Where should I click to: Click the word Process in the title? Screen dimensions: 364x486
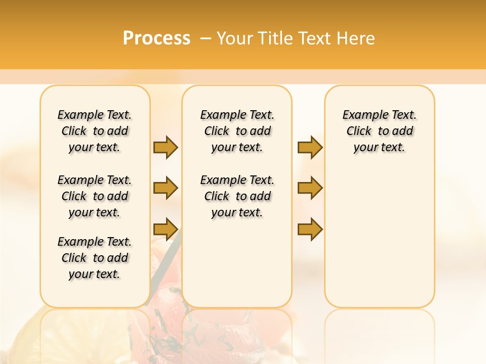[x=156, y=38]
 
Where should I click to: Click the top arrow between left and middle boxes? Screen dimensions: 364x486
[x=166, y=147]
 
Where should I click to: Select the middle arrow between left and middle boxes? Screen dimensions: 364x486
[x=166, y=188]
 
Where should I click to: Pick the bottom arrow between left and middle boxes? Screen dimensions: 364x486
[x=166, y=229]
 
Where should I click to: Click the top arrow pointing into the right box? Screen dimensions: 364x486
[x=310, y=147]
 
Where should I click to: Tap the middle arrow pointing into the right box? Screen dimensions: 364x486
[x=310, y=188]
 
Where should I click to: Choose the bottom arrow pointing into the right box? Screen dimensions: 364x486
[x=310, y=229]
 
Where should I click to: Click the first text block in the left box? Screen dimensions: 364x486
[x=95, y=131]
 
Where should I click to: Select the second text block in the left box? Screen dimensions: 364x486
[x=95, y=196]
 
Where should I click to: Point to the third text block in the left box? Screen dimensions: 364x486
[x=95, y=258]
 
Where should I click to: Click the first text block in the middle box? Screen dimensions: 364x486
[x=237, y=131]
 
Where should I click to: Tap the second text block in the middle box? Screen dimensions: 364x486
[x=237, y=196]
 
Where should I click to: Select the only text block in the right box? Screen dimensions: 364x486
[x=379, y=131]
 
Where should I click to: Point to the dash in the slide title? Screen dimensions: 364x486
[x=206, y=38]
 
